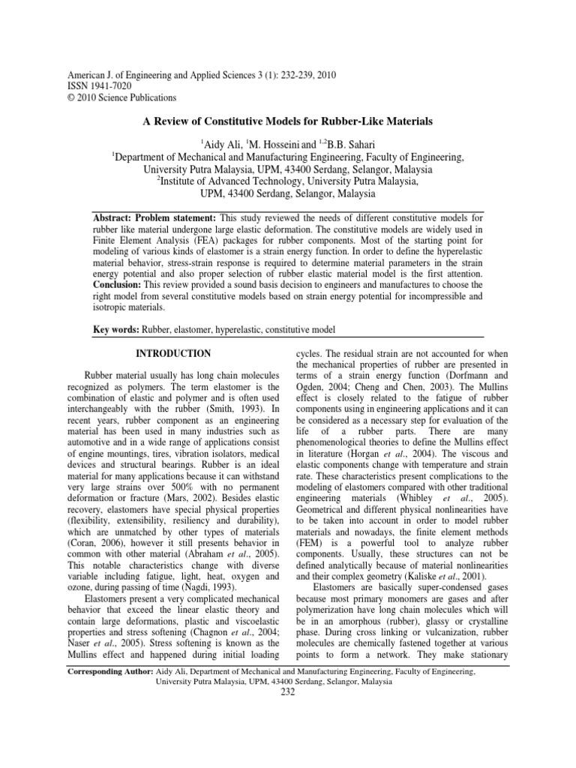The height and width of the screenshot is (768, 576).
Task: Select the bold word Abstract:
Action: (112, 216)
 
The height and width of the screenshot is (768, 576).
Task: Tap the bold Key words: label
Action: (112, 329)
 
